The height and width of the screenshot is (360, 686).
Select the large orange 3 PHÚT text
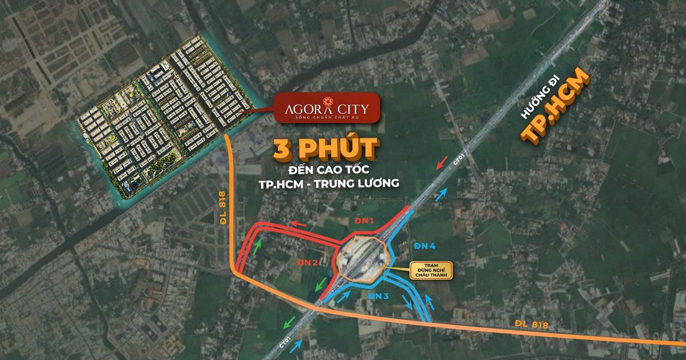coord(326,150)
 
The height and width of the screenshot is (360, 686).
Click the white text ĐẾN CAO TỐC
coord(326,170)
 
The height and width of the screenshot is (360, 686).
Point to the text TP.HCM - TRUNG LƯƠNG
coord(326,183)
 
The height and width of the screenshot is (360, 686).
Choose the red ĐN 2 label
coord(307,262)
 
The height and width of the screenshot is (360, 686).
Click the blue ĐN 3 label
coord(378,296)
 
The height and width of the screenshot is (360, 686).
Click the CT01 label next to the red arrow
coord(457,162)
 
